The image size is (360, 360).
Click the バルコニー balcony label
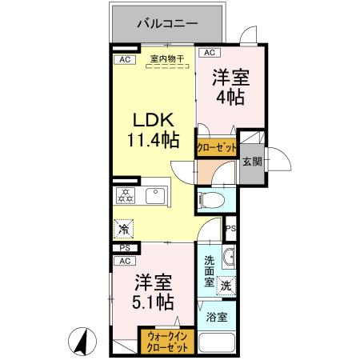tap(166, 23)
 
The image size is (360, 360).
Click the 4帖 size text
tap(229, 98)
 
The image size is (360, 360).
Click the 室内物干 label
tap(166, 58)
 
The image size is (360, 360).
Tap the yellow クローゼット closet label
tap(216, 148)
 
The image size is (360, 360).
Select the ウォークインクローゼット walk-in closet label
tap(166, 342)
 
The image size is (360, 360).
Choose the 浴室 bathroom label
tap(216, 318)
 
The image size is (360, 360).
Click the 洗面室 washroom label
tap(209, 270)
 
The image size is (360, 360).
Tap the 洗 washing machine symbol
tap(226, 284)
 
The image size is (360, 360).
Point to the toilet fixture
tap(209, 199)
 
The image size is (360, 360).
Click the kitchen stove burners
tap(126, 194)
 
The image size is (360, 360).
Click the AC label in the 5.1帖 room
tap(125, 261)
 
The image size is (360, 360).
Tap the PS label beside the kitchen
tap(124, 248)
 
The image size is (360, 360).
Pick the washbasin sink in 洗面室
tap(229, 258)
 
